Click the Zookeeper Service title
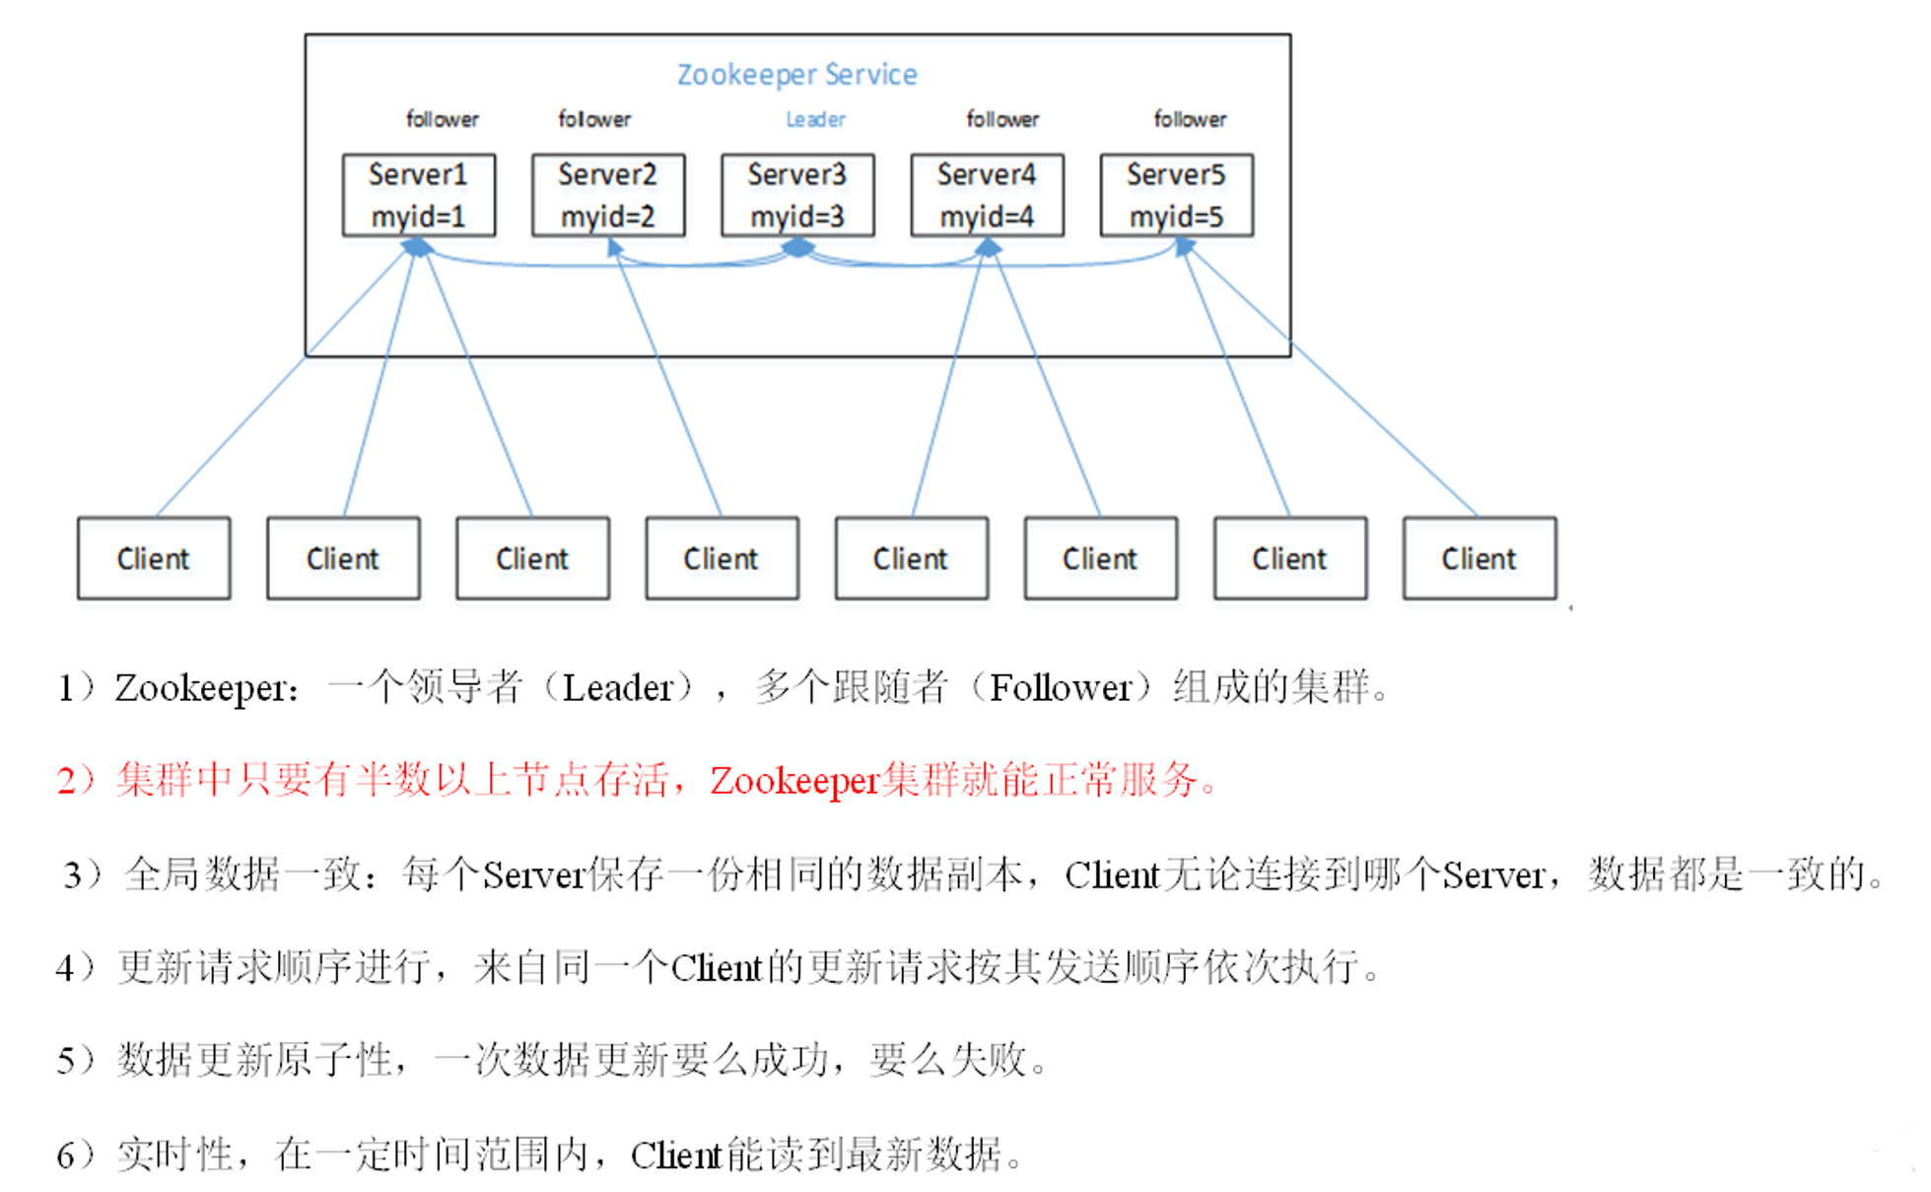click(x=796, y=75)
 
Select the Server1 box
click(x=418, y=194)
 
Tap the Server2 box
click(x=607, y=194)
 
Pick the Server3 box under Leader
click(x=796, y=194)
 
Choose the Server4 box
click(x=987, y=194)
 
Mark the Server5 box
click(x=1176, y=194)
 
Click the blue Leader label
click(x=815, y=119)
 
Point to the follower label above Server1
click(x=442, y=119)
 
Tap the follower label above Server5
click(x=1190, y=119)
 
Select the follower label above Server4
click(x=1002, y=119)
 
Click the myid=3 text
click(x=796, y=216)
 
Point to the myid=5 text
click(x=1176, y=216)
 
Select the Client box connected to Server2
click(x=722, y=558)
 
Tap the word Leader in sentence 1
click(x=617, y=687)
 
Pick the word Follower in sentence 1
click(x=1060, y=687)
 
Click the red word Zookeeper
click(x=793, y=781)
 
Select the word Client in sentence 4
click(x=717, y=968)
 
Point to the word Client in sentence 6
click(x=676, y=1155)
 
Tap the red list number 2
click(x=68, y=781)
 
